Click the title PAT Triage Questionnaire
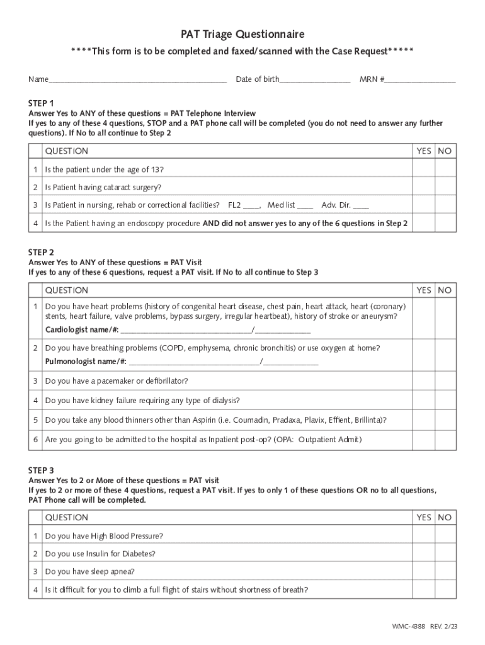click(x=243, y=34)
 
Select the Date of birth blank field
click(x=315, y=80)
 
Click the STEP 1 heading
click(x=42, y=103)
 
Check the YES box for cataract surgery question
click(x=423, y=187)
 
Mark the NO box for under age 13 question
click(x=445, y=169)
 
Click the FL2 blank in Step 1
click(x=251, y=205)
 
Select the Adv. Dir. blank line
click(x=362, y=205)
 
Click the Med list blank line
click(x=305, y=205)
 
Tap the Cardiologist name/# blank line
click(x=186, y=330)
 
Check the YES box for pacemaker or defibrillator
click(x=423, y=381)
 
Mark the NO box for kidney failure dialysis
click(x=445, y=401)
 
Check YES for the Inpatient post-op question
click(x=423, y=440)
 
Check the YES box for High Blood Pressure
click(x=423, y=536)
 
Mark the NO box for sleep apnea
click(x=445, y=572)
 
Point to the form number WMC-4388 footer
click(x=408, y=627)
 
